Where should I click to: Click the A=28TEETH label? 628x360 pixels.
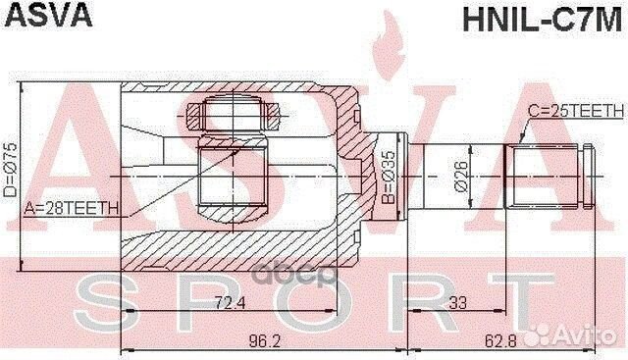(x=71, y=207)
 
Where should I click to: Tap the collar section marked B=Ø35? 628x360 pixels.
(x=393, y=177)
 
